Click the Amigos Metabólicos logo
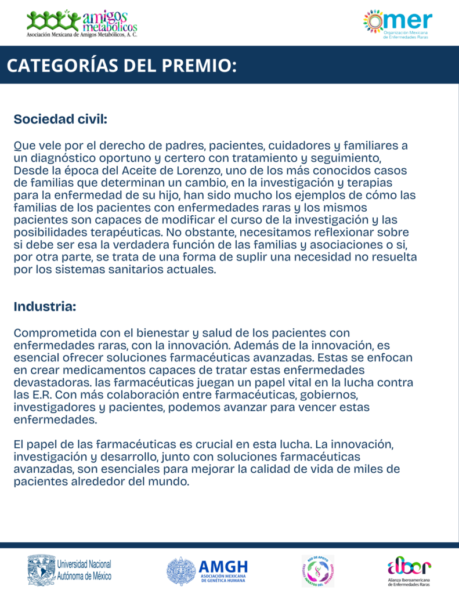pos(82,23)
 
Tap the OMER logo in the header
pos(397,23)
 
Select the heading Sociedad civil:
pos(61,119)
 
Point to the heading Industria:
pos(45,307)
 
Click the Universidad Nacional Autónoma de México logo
pos(70,570)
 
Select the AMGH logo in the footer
pos(207,571)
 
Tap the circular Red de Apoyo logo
pos(317,571)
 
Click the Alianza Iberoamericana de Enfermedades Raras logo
pos(410,571)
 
